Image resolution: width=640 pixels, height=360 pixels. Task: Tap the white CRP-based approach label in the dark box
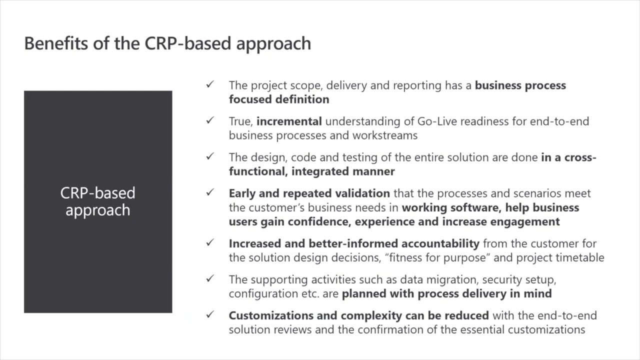(98, 201)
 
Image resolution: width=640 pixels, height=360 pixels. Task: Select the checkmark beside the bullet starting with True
(210, 120)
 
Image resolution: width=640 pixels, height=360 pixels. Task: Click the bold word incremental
(289, 121)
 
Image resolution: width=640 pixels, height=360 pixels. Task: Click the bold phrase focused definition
(279, 99)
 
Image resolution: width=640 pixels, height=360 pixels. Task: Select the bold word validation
(359, 193)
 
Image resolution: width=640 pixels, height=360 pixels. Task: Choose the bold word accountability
(440, 243)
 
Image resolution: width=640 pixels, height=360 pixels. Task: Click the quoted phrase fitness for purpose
(437, 258)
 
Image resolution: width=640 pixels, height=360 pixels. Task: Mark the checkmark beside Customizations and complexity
(210, 315)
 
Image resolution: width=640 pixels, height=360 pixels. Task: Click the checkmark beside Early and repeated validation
(210, 192)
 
